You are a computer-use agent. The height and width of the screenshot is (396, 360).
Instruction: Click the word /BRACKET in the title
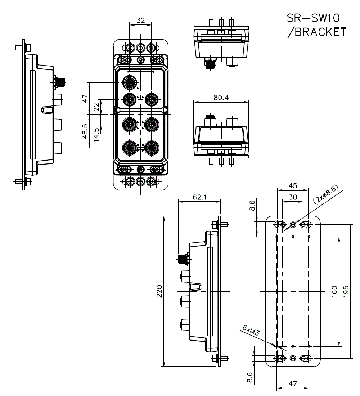pyautogui.click(x=316, y=32)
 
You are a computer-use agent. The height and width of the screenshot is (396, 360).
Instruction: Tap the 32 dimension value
pyautogui.click(x=141, y=21)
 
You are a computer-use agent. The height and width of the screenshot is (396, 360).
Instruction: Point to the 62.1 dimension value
pyautogui.click(x=199, y=198)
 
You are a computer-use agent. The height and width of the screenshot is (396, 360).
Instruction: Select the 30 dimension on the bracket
pyautogui.click(x=293, y=198)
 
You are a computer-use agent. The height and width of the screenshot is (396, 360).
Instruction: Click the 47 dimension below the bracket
pyautogui.click(x=293, y=384)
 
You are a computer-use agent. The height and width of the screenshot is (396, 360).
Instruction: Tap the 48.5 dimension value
pyautogui.click(x=85, y=131)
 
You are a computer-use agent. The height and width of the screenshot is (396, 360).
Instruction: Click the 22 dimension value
pyautogui.click(x=96, y=107)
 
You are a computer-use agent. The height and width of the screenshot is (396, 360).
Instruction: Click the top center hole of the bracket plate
pyautogui.click(x=293, y=225)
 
